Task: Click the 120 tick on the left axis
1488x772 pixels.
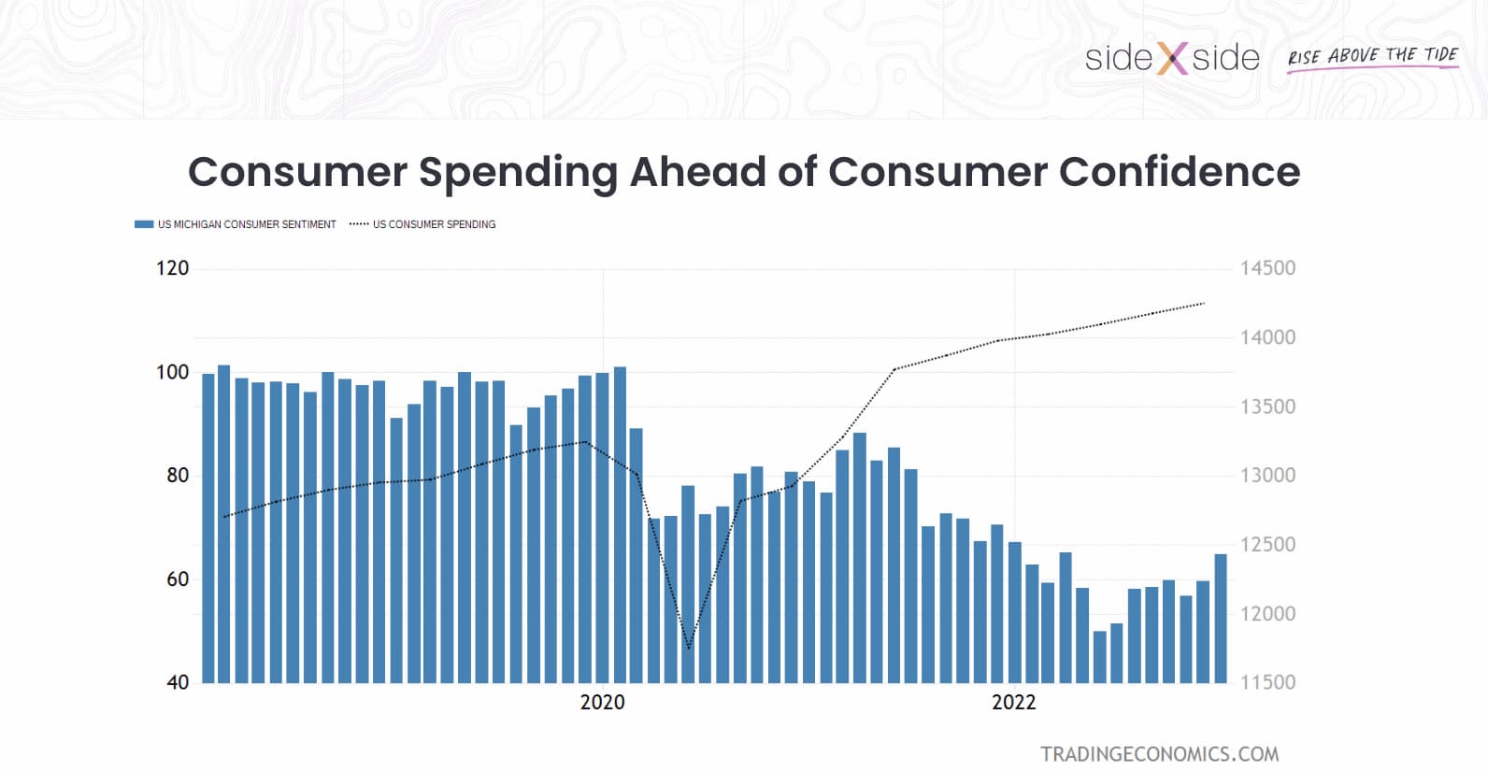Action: pos(172,268)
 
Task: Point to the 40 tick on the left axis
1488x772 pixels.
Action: pos(178,682)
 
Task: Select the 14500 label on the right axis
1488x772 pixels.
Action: pos(1267,268)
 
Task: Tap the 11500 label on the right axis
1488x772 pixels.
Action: pos(1267,682)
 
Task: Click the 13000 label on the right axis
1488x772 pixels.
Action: pos(1267,475)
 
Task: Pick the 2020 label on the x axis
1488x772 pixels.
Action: pos(602,702)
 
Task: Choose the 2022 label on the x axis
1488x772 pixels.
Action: pos(1013,702)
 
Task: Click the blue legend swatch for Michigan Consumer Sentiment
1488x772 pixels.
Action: pos(143,224)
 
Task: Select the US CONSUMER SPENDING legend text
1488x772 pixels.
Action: pos(434,224)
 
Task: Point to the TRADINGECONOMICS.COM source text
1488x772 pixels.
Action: pos(1159,753)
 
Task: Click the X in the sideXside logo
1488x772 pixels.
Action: pos(1172,59)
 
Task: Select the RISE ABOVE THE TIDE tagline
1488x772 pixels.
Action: pos(1372,56)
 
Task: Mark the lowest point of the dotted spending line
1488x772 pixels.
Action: pos(689,648)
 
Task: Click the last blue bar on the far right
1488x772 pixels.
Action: pos(1220,618)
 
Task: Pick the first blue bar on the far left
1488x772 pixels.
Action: pos(208,528)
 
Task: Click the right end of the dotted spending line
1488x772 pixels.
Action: pos(1204,303)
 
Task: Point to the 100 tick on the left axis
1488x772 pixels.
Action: pos(172,372)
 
